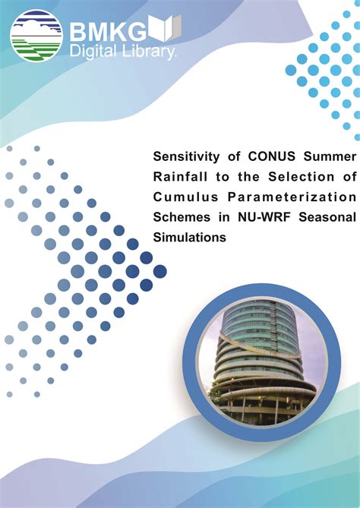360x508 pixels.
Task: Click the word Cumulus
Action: (185, 197)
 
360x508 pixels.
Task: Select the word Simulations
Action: (190, 237)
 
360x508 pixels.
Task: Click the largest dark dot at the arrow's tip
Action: (159, 271)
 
